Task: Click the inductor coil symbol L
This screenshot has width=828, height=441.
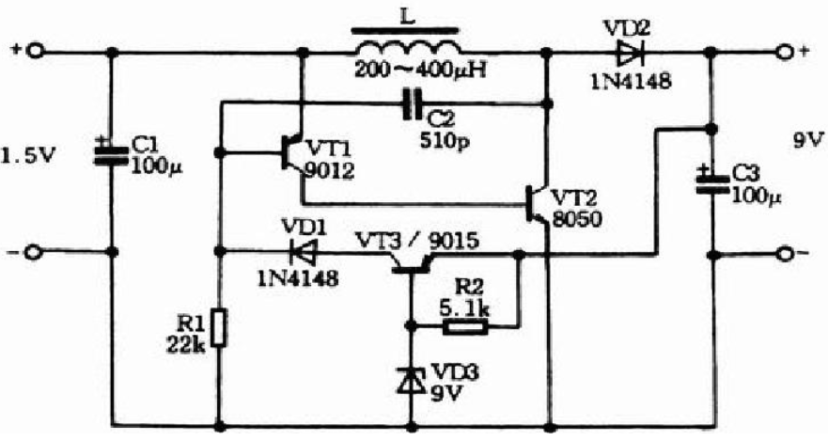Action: (407, 45)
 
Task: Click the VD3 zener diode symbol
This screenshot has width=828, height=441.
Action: (412, 380)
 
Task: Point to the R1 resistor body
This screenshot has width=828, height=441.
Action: (219, 327)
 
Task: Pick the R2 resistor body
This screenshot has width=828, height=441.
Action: (465, 327)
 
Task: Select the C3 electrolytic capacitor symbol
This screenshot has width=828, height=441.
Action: (712, 182)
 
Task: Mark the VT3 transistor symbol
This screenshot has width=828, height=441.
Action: (412, 262)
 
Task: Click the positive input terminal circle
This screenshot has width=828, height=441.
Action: (35, 52)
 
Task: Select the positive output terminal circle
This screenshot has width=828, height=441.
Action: (785, 53)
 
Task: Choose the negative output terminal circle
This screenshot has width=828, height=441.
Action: (785, 255)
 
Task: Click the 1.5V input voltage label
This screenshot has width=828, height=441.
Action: (28, 157)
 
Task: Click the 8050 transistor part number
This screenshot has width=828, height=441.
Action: (577, 218)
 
